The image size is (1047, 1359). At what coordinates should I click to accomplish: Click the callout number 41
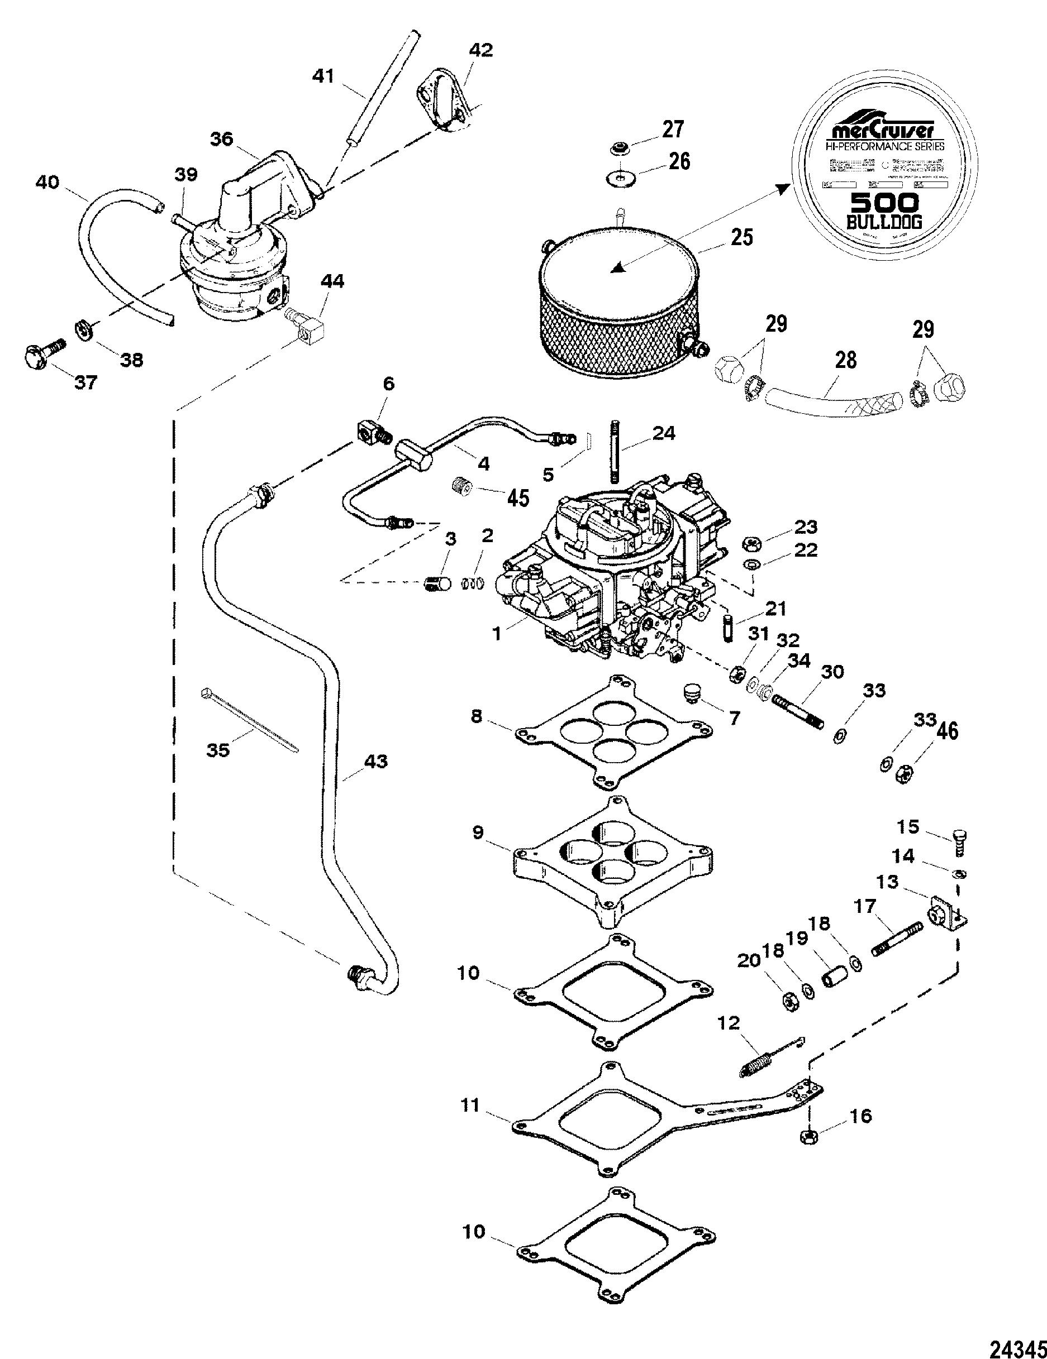coord(323,76)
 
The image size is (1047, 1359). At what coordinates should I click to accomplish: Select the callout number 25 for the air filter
coord(742,238)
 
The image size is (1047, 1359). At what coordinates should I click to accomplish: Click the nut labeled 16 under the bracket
coord(807,1136)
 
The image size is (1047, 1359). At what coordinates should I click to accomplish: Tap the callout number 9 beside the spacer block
coord(478,832)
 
